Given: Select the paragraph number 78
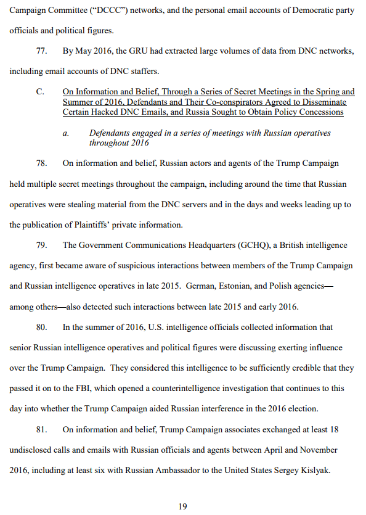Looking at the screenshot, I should click(42, 163).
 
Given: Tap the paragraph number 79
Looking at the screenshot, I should click(42, 245).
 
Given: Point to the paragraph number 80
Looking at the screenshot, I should click(42, 327).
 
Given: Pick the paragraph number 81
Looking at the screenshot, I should click(42, 429).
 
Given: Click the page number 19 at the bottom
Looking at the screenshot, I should click(182, 506).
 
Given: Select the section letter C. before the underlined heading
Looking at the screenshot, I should click(41, 92).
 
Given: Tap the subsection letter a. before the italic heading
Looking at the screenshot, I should click(66, 133).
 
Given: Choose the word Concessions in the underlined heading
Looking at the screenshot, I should click(321, 112).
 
